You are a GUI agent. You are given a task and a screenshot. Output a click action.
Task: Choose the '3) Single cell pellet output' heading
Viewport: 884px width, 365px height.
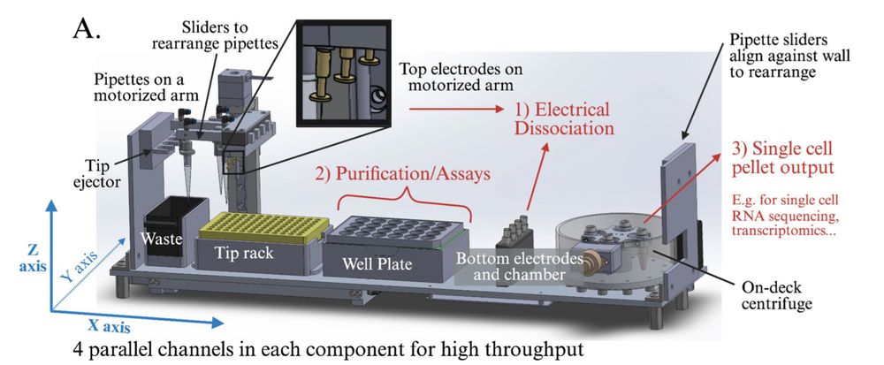(783, 156)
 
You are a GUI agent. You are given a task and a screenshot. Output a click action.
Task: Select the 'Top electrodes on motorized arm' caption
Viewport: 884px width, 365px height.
(459, 76)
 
